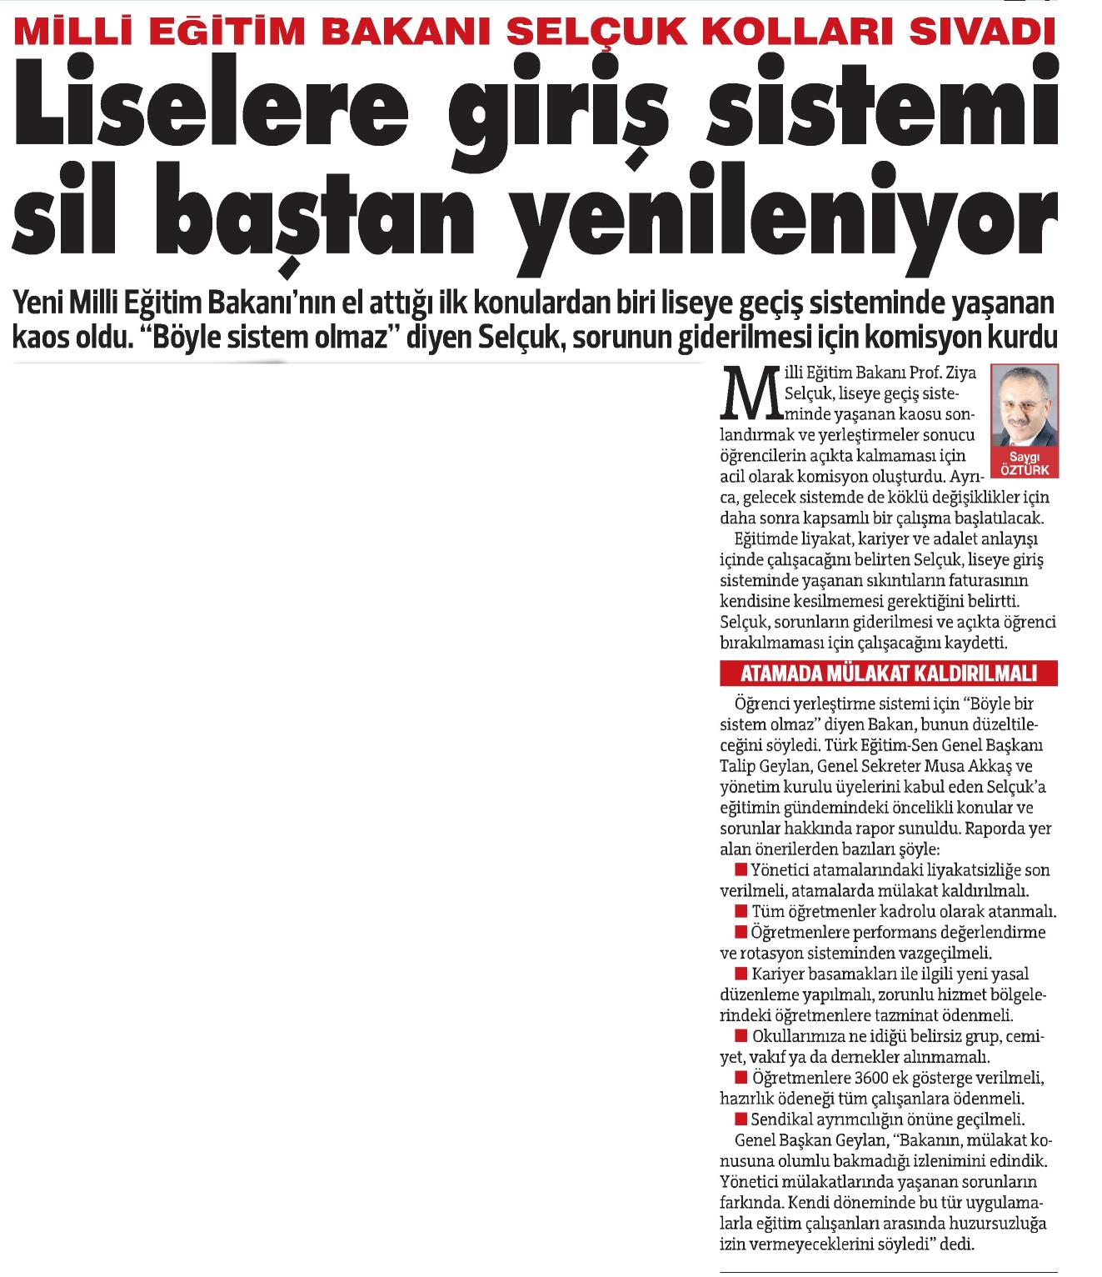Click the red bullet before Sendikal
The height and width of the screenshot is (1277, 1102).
point(740,1119)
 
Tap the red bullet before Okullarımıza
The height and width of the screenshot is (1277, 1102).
point(740,1038)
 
